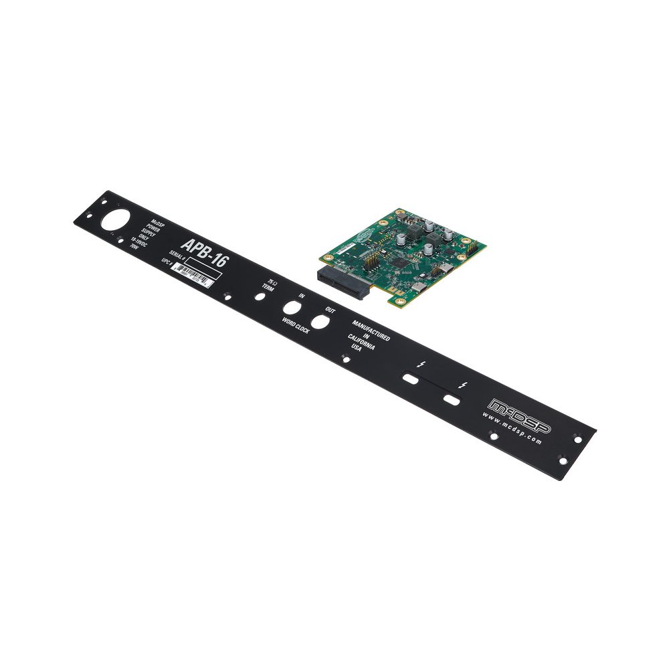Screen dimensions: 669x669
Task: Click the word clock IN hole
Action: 292,308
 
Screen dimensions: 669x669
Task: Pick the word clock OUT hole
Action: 320,322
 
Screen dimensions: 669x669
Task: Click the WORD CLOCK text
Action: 295,326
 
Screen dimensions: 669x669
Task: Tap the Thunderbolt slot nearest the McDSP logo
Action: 452,400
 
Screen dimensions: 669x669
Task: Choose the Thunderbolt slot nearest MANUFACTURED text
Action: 410,379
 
